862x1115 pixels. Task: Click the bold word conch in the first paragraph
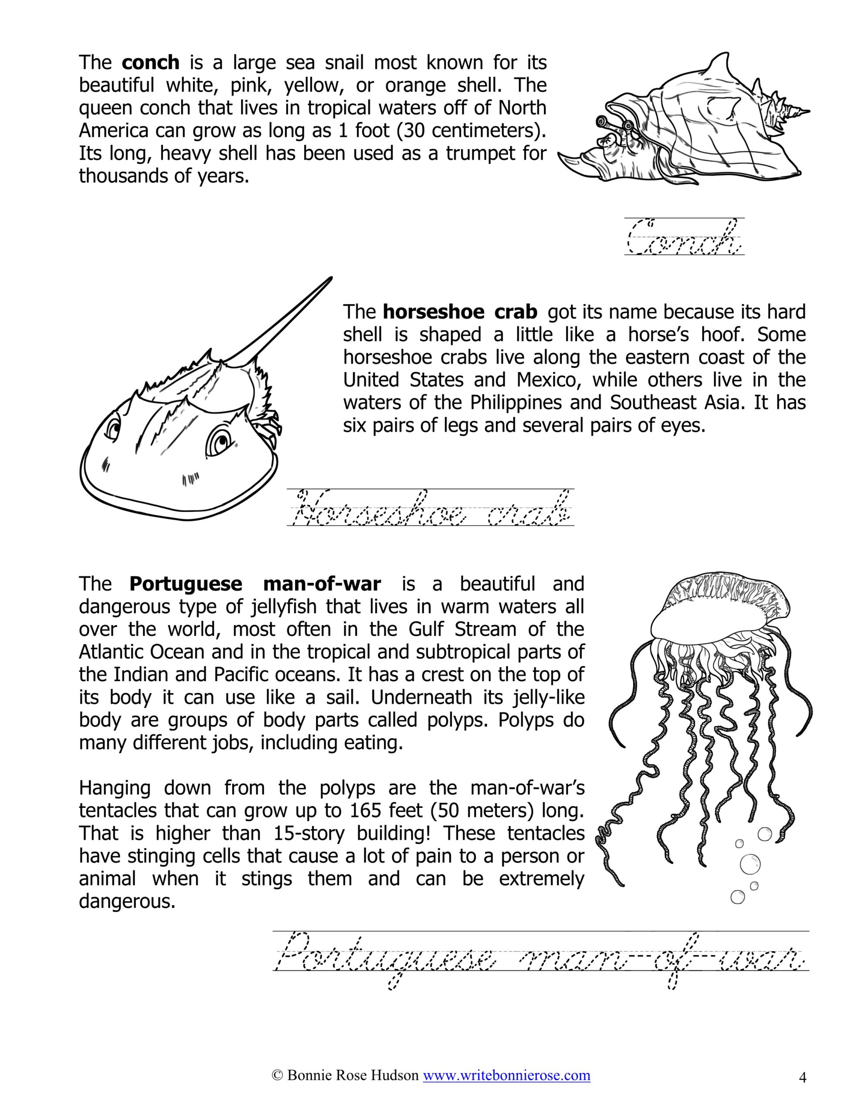151,63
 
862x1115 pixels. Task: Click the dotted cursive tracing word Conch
684,237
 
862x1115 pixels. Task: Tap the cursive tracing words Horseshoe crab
430,508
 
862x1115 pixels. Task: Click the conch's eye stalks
613,124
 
